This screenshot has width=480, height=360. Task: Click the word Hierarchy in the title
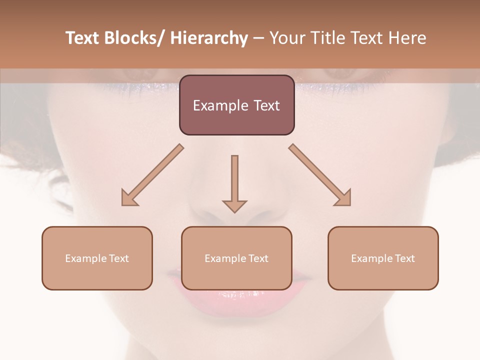click(208, 38)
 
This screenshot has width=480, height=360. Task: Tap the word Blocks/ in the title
click(138, 38)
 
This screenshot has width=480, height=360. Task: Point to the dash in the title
click(258, 38)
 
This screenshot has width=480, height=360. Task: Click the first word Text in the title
click(85, 38)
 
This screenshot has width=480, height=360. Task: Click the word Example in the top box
click(213, 105)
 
